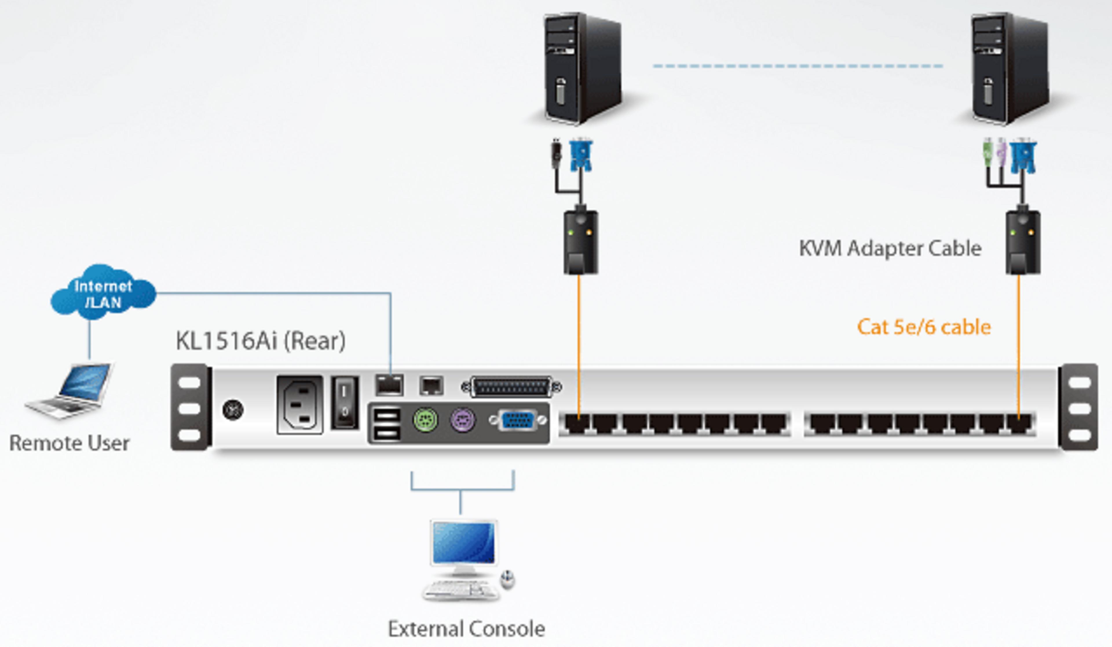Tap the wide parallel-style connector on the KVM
pyautogui.click(x=511, y=387)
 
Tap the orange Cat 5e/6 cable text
pyautogui.click(x=923, y=327)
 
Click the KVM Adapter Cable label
pyautogui.click(x=890, y=248)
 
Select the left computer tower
pyautogui.click(x=581, y=68)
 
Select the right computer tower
pyautogui.click(x=1009, y=68)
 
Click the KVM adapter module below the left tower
pyautogui.click(x=580, y=242)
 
